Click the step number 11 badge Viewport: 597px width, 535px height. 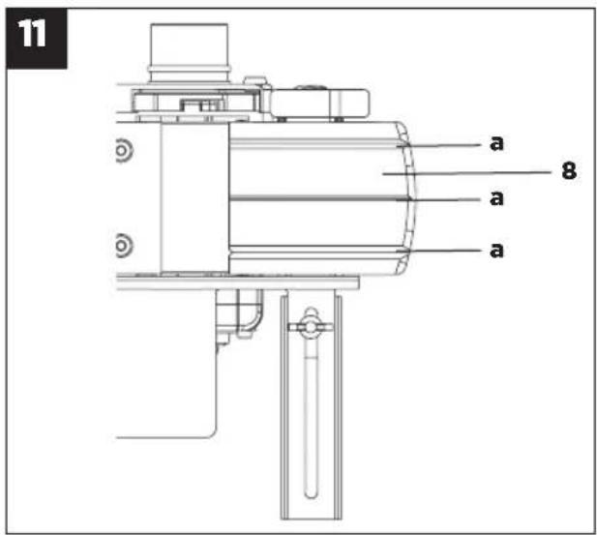pyautogui.click(x=37, y=38)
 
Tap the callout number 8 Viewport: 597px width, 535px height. pyautogui.click(x=569, y=170)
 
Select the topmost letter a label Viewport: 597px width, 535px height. pyautogui.click(x=496, y=143)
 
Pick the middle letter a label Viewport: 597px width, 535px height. pyautogui.click(x=496, y=198)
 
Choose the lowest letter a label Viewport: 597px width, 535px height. pyautogui.click(x=496, y=251)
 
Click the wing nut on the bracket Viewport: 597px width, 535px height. pyautogui.click(x=311, y=326)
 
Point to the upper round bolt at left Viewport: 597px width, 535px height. pyautogui.click(x=123, y=151)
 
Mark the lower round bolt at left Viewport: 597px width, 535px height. pyautogui.click(x=123, y=246)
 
